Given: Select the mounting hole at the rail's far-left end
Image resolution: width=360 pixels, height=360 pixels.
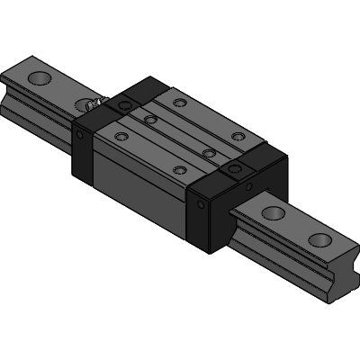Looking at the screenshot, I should click(40, 80).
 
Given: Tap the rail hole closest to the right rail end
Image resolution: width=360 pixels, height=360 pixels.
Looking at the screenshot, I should click(321, 239).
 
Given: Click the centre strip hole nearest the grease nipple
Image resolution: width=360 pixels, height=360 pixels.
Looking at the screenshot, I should click(151, 118).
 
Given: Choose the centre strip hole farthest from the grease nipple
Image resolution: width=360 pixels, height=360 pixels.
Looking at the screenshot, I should click(209, 153).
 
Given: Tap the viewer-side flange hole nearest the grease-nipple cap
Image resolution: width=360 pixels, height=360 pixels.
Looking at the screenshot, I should click(122, 136).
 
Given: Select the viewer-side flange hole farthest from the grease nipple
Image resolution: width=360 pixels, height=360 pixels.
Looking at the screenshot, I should click(179, 169).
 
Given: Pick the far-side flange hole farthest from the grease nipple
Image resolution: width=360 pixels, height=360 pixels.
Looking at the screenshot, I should click(238, 137).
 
